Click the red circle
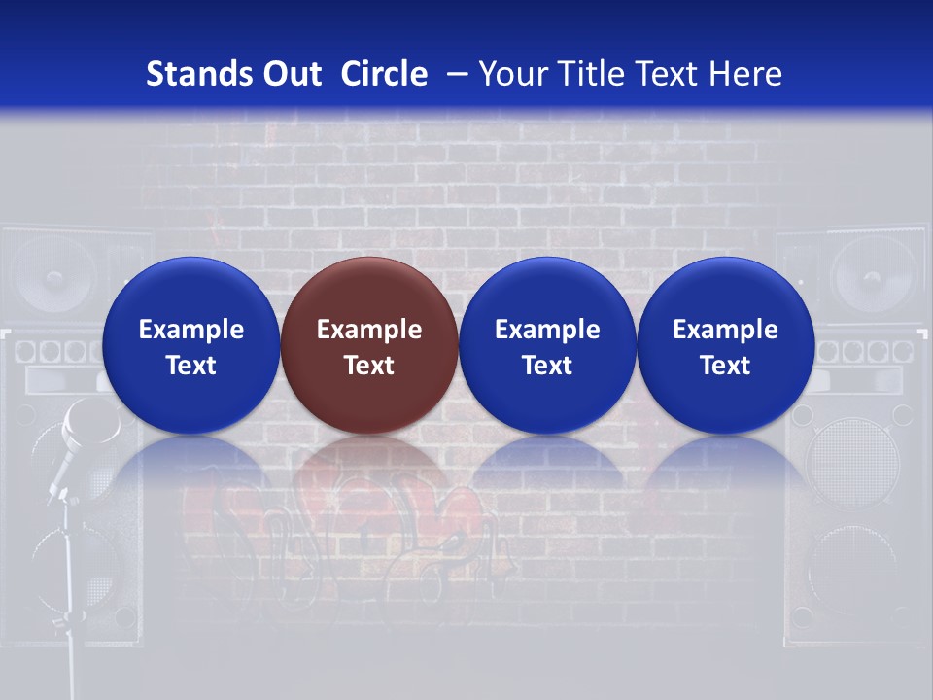tap(369, 345)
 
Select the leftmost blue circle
tap(191, 345)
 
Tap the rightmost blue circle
tap(725, 345)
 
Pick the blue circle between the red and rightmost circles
tap(547, 345)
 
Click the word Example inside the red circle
tap(369, 330)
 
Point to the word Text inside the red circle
tap(369, 366)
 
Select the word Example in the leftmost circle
tap(191, 330)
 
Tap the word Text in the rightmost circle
tap(725, 366)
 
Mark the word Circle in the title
tap(384, 74)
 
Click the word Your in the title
tap(510, 74)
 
